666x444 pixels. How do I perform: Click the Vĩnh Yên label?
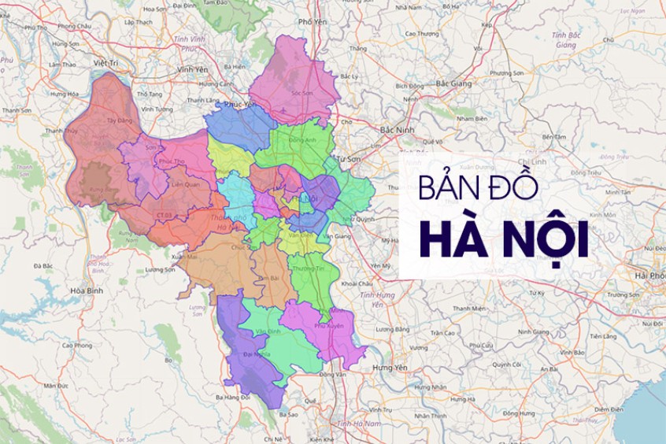click(192, 70)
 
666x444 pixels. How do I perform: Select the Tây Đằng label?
click(119, 120)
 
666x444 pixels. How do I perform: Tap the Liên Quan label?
click(186, 185)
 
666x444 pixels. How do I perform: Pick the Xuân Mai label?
click(183, 256)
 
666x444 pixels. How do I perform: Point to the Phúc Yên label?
click(240, 103)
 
